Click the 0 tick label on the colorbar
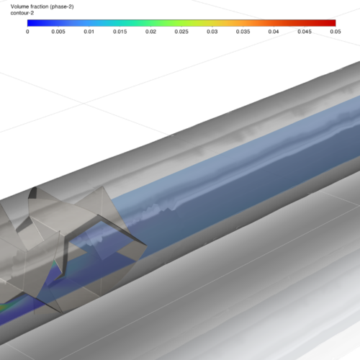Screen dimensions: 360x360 (27, 32)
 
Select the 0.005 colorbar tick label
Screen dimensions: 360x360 (58, 32)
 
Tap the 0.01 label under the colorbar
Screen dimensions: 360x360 (89, 32)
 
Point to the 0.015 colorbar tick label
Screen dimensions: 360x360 (120, 32)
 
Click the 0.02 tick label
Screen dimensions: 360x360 (150, 32)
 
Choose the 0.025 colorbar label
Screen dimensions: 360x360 (181, 32)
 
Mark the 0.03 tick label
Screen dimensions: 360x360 (212, 32)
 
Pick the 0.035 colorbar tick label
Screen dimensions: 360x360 (243, 32)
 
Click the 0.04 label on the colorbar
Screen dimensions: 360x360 (274, 32)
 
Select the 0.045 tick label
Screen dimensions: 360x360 (305, 32)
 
